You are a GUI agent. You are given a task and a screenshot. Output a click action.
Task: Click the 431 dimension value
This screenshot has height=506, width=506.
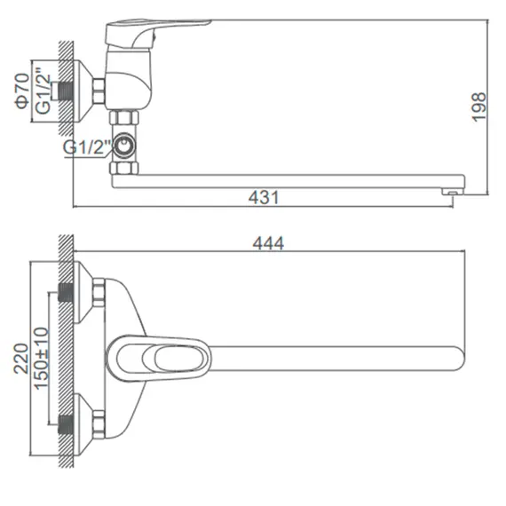265,199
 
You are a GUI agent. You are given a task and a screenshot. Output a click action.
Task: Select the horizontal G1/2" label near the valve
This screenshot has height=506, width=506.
86,146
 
